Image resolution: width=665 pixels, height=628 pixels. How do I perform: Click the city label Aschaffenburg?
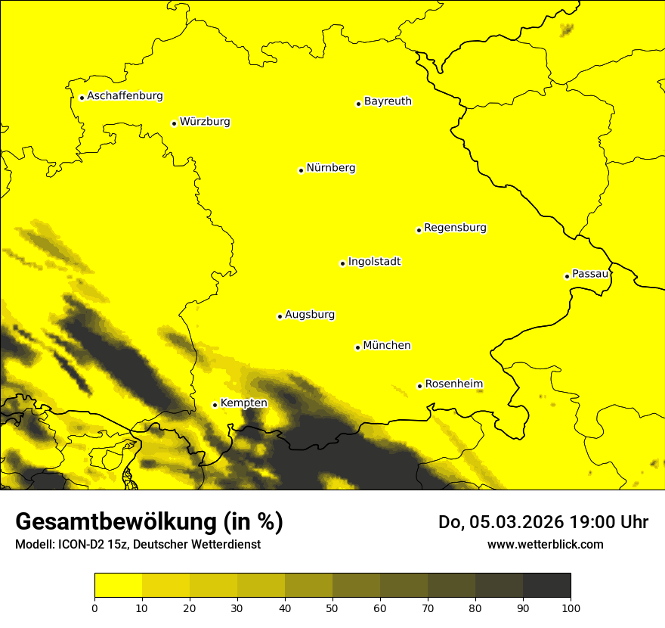[125, 96]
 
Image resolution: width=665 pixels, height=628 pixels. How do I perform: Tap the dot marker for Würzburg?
[174, 123]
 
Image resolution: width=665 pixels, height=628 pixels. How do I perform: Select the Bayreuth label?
[388, 101]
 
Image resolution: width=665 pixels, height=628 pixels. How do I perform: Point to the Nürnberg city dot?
[301, 170]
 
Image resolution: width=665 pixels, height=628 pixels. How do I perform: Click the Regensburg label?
[455, 227]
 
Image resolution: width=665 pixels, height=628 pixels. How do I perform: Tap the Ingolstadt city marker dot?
[342, 263]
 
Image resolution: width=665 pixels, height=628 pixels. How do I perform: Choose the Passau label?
[590, 274]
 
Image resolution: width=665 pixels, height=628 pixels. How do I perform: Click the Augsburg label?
[310, 315]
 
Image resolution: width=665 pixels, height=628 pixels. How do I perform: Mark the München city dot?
[357, 347]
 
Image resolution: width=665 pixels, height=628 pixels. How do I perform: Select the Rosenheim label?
[453, 384]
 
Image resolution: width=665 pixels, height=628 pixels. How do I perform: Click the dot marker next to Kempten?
[215, 405]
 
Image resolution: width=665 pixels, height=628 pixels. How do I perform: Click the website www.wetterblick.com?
[545, 544]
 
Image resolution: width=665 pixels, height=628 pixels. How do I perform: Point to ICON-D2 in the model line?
[76, 545]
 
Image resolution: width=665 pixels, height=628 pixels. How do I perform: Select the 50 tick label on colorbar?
[332, 608]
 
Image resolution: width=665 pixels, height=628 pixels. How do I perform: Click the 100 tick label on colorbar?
[571, 608]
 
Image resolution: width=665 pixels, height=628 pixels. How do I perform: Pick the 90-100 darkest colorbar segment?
[546, 586]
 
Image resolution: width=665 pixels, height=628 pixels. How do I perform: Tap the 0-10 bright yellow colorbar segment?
[118, 586]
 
